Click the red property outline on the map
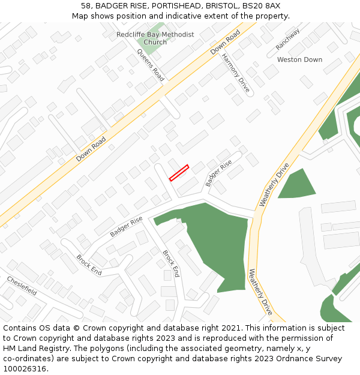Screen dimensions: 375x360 coord(179,173)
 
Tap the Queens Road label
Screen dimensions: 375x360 coord(151,65)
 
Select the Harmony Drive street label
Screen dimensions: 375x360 coord(235,76)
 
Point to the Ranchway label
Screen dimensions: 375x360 coord(288,40)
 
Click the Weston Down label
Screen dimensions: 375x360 coord(299,60)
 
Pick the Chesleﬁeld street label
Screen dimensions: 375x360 coord(22,286)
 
